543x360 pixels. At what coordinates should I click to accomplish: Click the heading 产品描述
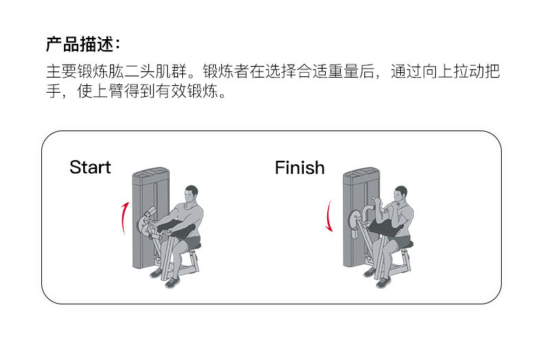pos(82,45)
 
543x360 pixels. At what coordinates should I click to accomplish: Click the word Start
pos(90,168)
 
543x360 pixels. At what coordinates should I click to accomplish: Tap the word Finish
pos(300,168)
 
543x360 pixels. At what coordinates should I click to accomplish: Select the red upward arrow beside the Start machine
pos(123,218)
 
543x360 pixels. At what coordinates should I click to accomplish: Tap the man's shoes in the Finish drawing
pos(378,278)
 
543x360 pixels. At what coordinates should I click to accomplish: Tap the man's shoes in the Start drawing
pos(167,278)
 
